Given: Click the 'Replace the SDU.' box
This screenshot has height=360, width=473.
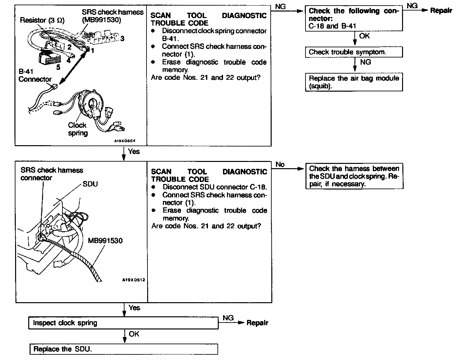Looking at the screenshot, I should pyautogui.click(x=124, y=349).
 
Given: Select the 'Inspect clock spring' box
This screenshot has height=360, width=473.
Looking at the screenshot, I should pyautogui.click(x=124, y=323).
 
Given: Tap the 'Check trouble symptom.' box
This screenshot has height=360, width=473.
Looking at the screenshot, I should pyautogui.click(x=354, y=52).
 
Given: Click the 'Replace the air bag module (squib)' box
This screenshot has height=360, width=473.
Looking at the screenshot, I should pyautogui.click(x=354, y=82).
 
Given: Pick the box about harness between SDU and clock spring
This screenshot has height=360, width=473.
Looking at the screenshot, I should pyautogui.click(x=354, y=176).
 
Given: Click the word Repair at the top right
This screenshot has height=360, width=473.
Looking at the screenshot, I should pyautogui.click(x=441, y=11).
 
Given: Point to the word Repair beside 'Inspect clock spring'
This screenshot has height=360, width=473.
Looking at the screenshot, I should pyautogui.click(x=257, y=323).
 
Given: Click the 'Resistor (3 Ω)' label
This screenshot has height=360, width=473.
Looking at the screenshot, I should pyautogui.click(x=42, y=20).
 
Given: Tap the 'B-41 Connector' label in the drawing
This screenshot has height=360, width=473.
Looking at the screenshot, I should pyautogui.click(x=35, y=75).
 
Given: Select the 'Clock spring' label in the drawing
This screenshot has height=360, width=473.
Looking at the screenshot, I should pyautogui.click(x=78, y=129).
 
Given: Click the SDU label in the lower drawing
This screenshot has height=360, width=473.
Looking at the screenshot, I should pyautogui.click(x=90, y=184).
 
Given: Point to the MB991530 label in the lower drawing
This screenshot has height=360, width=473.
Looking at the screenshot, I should pyautogui.click(x=105, y=241).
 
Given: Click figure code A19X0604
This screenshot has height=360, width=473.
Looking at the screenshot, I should pyautogui.click(x=125, y=141).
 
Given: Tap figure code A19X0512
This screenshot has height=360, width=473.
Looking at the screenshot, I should pyautogui.click(x=133, y=280).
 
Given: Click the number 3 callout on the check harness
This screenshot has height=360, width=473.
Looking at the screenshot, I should pyautogui.click(x=122, y=39).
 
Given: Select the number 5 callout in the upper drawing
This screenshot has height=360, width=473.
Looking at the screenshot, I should pyautogui.click(x=58, y=67).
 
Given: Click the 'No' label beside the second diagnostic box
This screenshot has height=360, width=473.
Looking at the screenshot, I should pyautogui.click(x=280, y=164).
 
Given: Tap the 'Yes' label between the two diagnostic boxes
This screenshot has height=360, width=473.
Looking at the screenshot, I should pyautogui.click(x=134, y=151).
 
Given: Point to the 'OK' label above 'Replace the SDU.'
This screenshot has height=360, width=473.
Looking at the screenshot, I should pyautogui.click(x=134, y=334).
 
